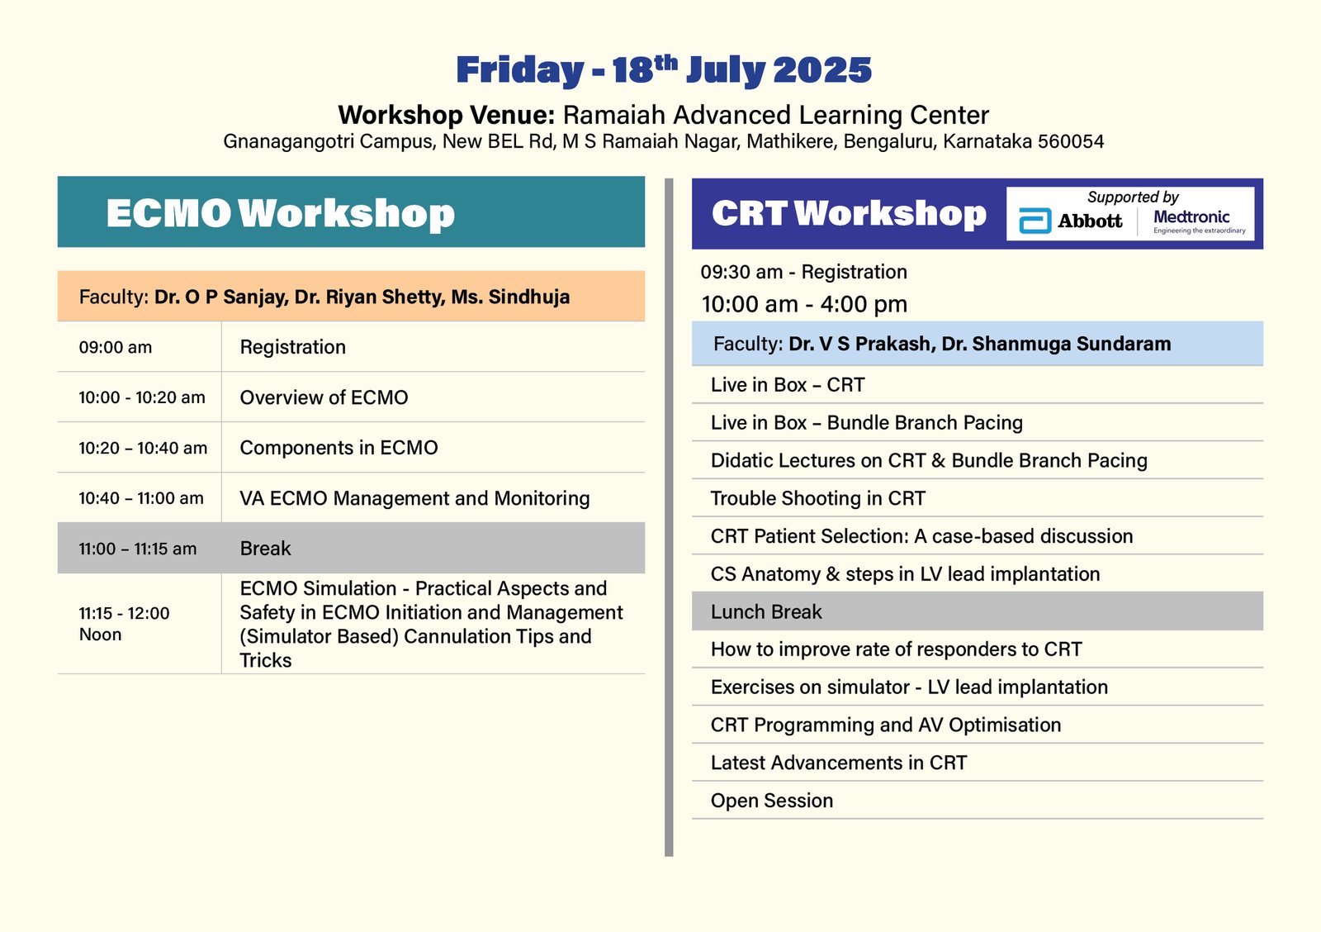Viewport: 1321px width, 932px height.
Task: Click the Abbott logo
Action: pos(1070,221)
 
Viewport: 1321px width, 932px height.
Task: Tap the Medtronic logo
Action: pos(1200,222)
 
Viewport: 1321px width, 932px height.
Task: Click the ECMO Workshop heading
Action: pos(280,213)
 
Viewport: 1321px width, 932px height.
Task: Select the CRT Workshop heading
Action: pos(849,213)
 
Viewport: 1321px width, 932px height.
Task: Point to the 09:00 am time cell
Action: pos(116,347)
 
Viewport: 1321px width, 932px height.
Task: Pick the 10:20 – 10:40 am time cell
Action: pos(143,448)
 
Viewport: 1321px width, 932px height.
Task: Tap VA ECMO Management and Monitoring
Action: pos(414,498)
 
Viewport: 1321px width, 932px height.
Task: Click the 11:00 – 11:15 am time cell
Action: pos(137,549)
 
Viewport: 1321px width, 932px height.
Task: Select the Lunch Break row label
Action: pos(766,611)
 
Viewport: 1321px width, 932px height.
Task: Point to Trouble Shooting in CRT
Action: pos(818,498)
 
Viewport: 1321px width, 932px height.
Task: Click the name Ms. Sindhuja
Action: pos(511,297)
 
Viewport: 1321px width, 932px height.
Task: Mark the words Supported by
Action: pos(1133,197)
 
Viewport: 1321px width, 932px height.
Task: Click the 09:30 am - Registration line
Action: pos(804,272)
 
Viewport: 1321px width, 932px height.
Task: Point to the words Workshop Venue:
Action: pos(447,115)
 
